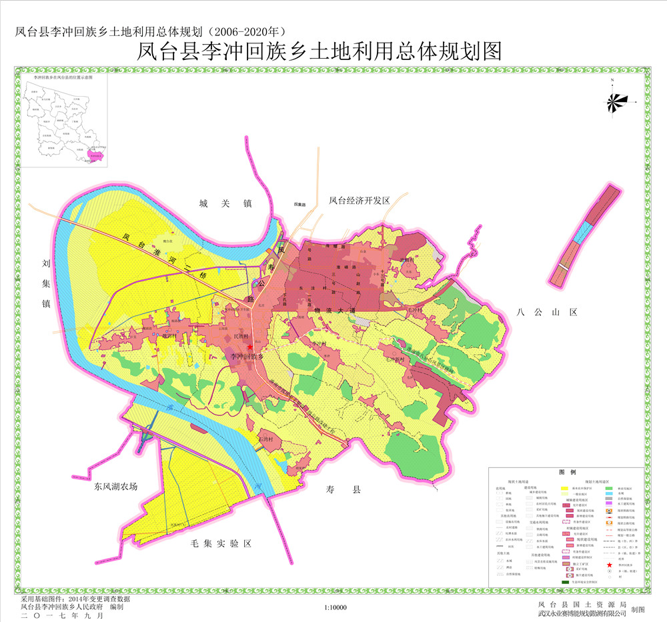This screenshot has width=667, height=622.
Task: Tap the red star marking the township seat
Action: tap(249, 347)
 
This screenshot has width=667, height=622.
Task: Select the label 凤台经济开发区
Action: tap(359, 200)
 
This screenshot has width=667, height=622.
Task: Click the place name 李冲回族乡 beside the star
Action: tap(247, 357)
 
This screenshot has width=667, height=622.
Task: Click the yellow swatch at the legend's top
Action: tap(564, 489)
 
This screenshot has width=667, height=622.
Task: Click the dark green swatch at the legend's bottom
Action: tap(564, 582)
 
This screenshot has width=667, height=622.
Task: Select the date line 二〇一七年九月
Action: tap(63, 616)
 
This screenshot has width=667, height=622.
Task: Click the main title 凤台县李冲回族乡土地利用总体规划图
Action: tap(318, 51)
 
